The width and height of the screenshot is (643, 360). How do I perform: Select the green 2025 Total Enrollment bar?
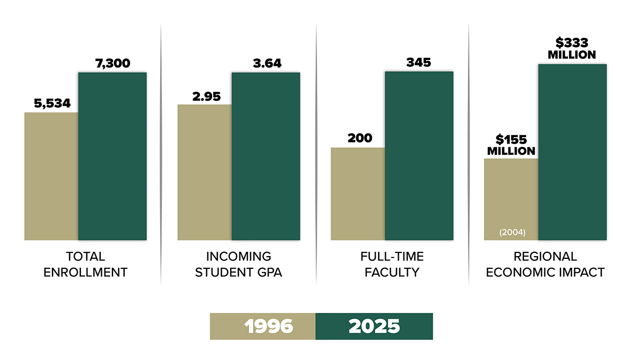(113, 156)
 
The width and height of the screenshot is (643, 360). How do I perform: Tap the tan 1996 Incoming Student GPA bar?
(205, 172)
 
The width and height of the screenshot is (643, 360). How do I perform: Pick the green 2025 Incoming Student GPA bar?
(266, 156)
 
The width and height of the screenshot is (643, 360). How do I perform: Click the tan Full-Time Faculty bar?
(358, 193)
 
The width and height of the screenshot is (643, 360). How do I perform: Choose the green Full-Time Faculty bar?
(419, 155)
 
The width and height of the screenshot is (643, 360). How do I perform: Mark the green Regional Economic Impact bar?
(572, 152)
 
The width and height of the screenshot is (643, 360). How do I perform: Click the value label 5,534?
(53, 103)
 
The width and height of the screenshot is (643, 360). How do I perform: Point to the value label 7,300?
(113, 63)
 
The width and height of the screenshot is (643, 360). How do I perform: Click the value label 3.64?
(267, 63)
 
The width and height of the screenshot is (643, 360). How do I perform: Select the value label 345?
(418, 62)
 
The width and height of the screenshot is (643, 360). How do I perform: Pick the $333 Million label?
(572, 48)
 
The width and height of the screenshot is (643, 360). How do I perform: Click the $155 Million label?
(511, 145)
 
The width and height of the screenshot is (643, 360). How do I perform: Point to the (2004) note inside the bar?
(512, 232)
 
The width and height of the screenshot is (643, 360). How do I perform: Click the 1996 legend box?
(263, 326)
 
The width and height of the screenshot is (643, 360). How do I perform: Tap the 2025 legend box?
(374, 326)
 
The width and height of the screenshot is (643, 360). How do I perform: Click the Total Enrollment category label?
(86, 264)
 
